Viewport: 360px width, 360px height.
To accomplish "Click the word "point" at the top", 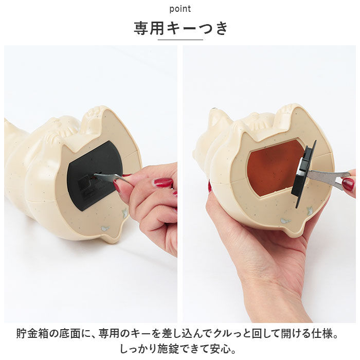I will pos(180,9).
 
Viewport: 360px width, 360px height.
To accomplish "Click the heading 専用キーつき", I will pos(180,28).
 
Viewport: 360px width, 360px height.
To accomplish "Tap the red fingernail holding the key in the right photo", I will pos(348,184).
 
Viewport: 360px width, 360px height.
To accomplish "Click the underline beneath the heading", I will pos(180,40).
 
